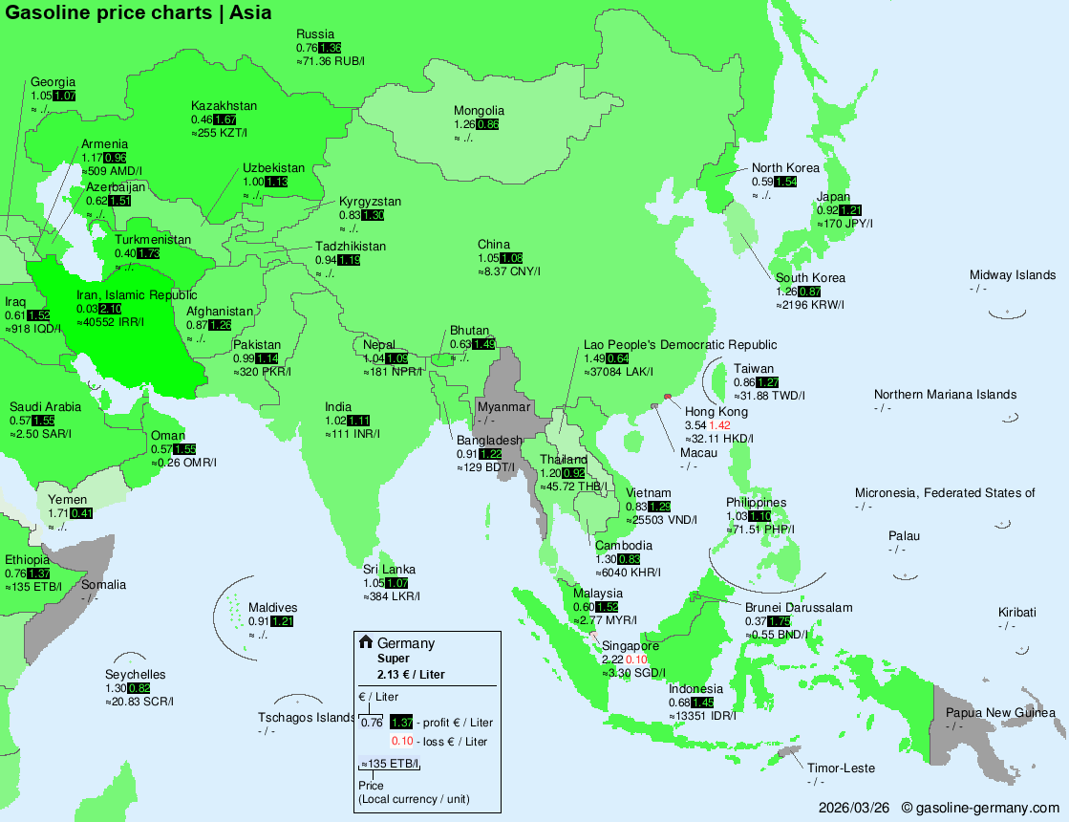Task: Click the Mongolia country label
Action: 479,111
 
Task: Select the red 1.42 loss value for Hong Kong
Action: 719,424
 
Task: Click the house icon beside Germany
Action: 365,642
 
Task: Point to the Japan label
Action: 833,197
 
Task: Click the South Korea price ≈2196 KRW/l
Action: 810,305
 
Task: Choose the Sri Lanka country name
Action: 389,570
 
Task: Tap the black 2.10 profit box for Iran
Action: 110,309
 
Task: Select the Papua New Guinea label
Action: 1000,713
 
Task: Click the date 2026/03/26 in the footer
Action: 854,808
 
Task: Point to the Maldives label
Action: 273,608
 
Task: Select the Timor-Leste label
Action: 841,768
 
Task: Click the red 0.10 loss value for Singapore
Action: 636,660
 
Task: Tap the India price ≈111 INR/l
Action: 353,434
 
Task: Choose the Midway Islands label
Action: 1012,275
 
